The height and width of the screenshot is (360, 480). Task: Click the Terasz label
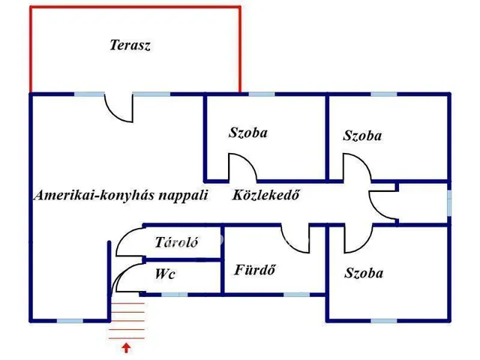click(130, 46)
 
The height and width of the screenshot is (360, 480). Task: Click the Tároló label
click(176, 242)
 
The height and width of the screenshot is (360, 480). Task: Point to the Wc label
click(165, 274)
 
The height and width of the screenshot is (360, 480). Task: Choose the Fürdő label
click(255, 270)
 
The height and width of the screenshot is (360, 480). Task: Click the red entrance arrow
click(126, 347)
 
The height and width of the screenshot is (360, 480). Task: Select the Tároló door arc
click(129, 241)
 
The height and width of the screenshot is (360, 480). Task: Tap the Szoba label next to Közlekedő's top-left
click(248, 133)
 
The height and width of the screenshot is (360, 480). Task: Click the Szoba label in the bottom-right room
click(364, 273)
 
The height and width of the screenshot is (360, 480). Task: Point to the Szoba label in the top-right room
click(362, 136)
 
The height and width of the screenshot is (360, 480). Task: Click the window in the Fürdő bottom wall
click(295, 294)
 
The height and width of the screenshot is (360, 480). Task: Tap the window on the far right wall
click(449, 202)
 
